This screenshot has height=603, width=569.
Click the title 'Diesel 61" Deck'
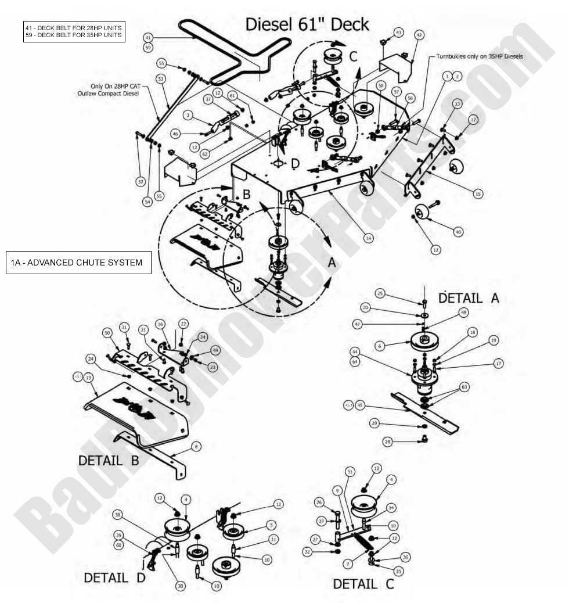pyautogui.click(x=307, y=24)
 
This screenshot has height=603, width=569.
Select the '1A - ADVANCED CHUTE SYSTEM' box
pyautogui.click(x=78, y=263)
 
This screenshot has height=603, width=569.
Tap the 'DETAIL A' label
pyautogui.click(x=468, y=298)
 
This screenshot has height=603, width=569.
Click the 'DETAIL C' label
pyautogui.click(x=363, y=584)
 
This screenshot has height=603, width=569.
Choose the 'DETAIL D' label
pyautogui.click(x=114, y=578)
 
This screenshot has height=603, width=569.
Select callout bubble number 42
pyautogui.click(x=419, y=35)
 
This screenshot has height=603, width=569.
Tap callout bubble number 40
pyautogui.click(x=458, y=232)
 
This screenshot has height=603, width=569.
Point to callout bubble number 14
pyautogui.click(x=368, y=238)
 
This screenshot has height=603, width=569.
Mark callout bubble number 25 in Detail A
pyautogui.click(x=380, y=293)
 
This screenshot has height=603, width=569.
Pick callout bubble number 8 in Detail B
pyautogui.click(x=197, y=446)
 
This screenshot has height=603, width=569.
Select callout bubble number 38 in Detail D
pyautogui.click(x=118, y=515)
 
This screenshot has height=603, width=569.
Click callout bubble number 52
pyautogui.click(x=141, y=182)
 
